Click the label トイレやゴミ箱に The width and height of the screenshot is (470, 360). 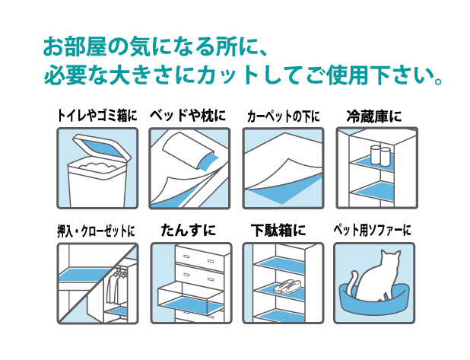(97, 116)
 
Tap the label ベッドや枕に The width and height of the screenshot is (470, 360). (188, 116)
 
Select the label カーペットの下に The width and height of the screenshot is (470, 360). (283, 116)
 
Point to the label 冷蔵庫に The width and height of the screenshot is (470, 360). (374, 116)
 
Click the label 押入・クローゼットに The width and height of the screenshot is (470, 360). (96, 231)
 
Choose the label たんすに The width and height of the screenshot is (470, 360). (189, 231)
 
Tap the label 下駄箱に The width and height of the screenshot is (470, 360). (278, 231)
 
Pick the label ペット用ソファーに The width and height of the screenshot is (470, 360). (373, 231)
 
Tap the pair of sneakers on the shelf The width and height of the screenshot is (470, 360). (288, 286)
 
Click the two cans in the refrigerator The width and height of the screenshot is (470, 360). (379, 155)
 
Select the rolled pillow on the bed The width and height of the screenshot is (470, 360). (187, 151)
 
